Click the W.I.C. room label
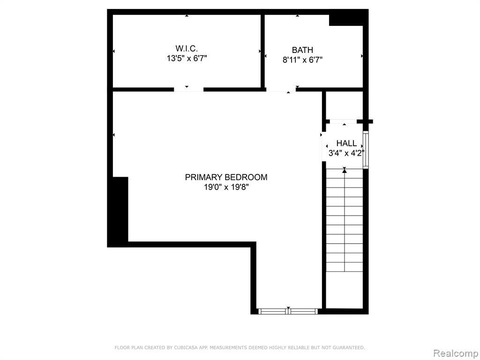coord(187,48)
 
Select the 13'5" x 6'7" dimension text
coord(187,59)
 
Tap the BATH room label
coord(302,50)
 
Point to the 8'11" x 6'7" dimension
coord(302,60)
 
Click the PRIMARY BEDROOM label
coord(226,177)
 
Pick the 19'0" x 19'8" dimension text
coord(226,187)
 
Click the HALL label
coord(346,143)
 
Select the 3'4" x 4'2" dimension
coord(346,153)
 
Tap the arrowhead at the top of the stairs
coord(345,171)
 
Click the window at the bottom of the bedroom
coord(288,311)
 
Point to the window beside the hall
coord(366,150)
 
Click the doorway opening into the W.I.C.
coord(188,90)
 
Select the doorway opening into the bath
coord(281,90)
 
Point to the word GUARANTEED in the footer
coord(349,347)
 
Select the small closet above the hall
coord(345,105)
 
